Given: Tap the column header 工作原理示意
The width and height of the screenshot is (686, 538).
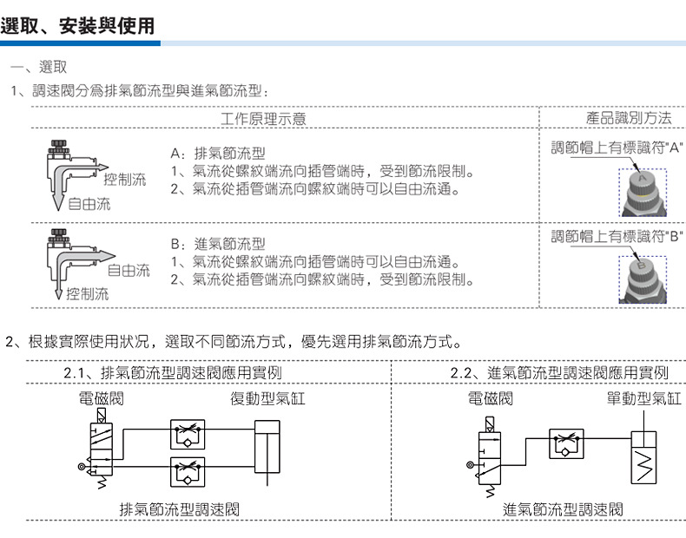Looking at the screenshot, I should tap(262, 118).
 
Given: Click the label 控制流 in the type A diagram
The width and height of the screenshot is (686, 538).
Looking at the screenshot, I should tap(124, 180).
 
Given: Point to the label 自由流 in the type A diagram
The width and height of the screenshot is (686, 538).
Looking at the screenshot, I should tap(89, 205).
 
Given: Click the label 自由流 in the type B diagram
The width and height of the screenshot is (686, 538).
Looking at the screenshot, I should tap(128, 270).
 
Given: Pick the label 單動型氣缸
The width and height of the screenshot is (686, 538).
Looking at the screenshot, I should tap(643, 399).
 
